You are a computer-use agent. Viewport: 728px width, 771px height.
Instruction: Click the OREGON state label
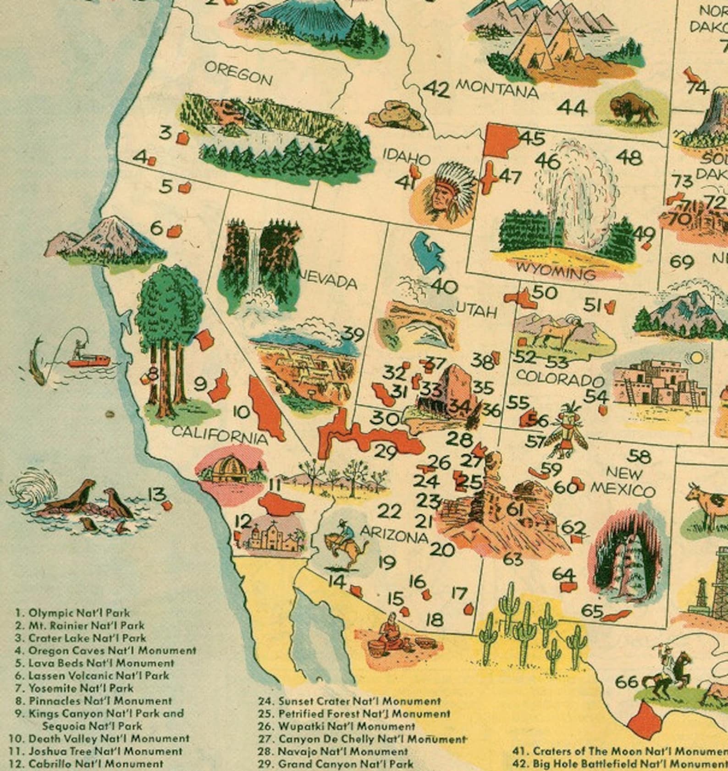point(238,73)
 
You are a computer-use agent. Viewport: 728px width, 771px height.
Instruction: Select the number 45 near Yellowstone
point(532,138)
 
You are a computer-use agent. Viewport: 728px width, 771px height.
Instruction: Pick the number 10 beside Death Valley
point(241,412)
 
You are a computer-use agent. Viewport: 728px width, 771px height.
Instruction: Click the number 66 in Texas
point(626,682)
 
